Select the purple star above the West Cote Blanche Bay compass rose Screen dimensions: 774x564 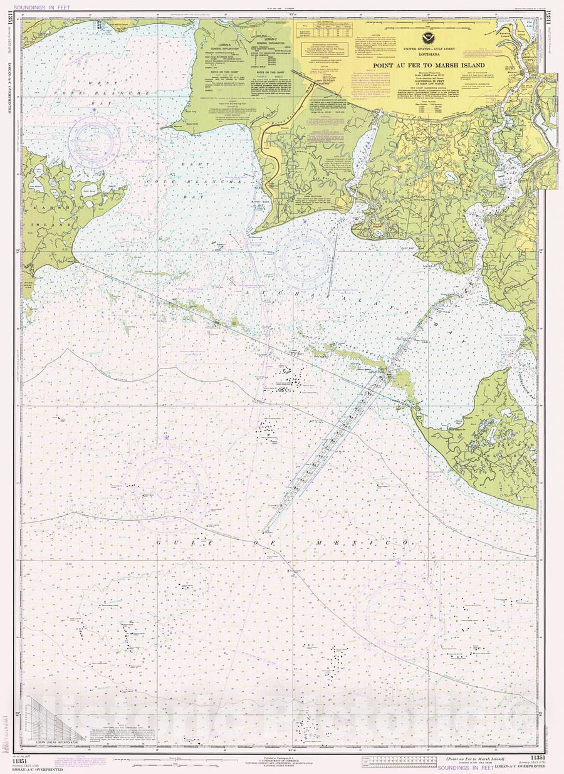pos(94,110)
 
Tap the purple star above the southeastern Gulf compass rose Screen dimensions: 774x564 pos(397,563)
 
